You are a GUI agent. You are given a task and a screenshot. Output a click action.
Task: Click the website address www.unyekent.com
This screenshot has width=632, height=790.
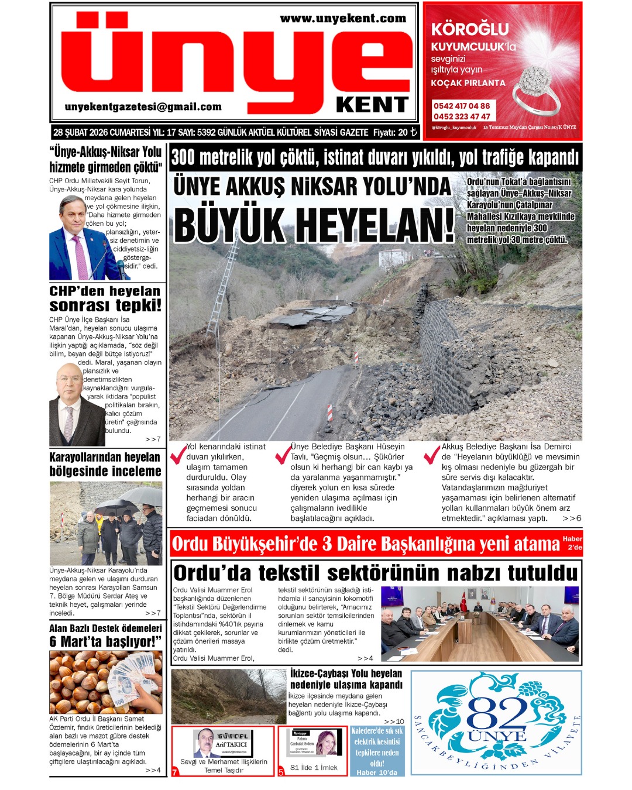343,19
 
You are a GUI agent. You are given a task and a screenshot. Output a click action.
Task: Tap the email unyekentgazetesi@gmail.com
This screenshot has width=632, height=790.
143,107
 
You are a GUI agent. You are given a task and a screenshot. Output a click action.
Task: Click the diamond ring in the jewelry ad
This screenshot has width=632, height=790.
535,88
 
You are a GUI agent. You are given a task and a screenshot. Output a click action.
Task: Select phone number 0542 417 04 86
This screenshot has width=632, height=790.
461,106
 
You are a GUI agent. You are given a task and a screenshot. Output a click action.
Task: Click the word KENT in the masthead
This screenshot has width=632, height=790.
372,105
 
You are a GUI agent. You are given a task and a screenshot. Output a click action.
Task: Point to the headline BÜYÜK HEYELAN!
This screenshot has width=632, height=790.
314,225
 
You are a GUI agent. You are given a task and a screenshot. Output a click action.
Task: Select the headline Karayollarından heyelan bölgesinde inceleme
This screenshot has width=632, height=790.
105,464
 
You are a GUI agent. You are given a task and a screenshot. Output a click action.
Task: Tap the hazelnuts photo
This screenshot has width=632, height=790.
105,682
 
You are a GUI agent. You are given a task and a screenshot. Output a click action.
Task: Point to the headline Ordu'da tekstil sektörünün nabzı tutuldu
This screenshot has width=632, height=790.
376,572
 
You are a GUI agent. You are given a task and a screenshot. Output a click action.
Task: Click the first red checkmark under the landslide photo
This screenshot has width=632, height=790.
177,454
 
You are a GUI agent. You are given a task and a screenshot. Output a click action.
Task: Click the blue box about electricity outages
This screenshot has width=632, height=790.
377,751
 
